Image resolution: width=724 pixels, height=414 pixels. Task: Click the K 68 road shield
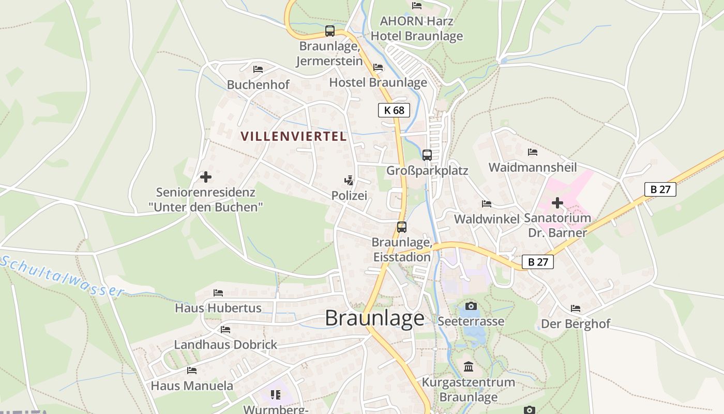point(394,110)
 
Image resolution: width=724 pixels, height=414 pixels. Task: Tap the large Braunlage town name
point(375,318)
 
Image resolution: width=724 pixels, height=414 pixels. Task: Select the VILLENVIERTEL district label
point(293,137)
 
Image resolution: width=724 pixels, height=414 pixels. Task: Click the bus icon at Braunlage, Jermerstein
point(330,31)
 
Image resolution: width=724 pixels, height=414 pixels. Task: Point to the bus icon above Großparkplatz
point(427,155)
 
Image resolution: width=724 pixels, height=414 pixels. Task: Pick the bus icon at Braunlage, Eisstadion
point(402,227)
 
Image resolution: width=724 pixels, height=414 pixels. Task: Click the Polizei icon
point(350,181)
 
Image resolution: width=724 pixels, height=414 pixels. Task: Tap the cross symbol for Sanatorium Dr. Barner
point(557,203)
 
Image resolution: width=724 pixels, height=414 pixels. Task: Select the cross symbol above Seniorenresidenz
point(206,177)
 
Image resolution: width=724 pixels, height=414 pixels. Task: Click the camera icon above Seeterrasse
point(471,306)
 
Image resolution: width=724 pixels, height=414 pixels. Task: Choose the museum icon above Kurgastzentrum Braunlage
point(469,367)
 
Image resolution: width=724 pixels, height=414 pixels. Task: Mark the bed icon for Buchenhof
point(258,69)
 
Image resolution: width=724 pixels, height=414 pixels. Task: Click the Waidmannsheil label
point(533,167)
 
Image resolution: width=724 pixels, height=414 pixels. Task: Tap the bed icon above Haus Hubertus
point(218,293)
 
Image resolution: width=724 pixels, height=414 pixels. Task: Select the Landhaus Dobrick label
point(225,345)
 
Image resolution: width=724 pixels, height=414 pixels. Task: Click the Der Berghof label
point(576,324)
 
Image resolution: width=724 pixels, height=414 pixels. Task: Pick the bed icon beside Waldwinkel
point(487,204)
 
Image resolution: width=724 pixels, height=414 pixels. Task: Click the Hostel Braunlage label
point(378,82)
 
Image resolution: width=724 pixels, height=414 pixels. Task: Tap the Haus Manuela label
point(192,386)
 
